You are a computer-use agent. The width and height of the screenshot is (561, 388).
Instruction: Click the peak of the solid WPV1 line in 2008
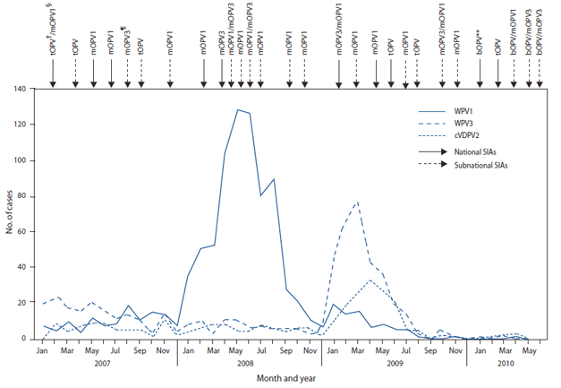pyautogui.click(x=237, y=109)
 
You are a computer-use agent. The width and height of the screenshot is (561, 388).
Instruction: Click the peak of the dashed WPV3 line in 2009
pyautogui.click(x=358, y=203)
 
